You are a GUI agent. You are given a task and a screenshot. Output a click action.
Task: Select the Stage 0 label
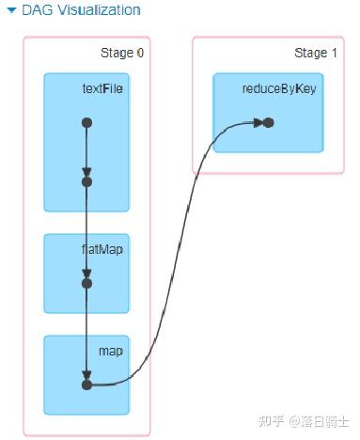[122, 53]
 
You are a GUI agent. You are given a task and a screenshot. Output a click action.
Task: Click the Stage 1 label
[316, 53]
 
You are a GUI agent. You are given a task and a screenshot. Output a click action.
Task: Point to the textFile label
[102, 88]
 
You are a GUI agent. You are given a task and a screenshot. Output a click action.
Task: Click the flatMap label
[102, 249]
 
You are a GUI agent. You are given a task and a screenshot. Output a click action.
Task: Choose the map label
[111, 352]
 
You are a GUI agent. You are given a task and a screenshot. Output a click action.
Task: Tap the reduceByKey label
[278, 88]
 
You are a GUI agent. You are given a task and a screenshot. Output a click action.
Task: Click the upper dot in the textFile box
[86, 122]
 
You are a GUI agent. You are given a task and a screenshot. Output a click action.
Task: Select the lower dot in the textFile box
[86, 181]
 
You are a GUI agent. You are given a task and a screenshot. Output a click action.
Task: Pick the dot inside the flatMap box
[86, 282]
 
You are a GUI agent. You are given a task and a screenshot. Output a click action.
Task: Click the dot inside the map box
[86, 384]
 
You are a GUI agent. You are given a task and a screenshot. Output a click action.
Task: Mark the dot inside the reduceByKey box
[268, 122]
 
